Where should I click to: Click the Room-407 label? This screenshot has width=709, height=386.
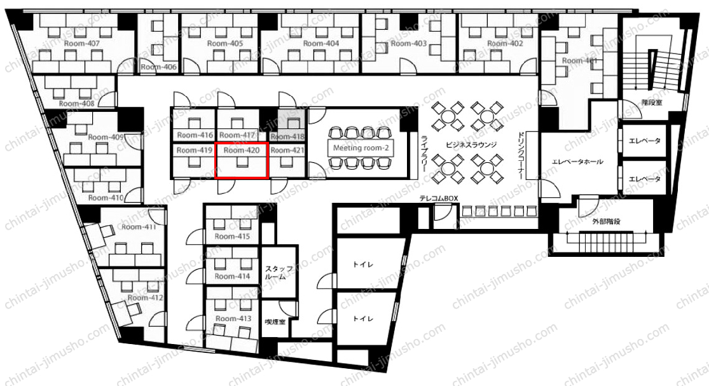[x=82, y=43]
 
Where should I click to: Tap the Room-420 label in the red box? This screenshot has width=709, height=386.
[x=242, y=150]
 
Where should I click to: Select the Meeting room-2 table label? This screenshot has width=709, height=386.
[x=361, y=148]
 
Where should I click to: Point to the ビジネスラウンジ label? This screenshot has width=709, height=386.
[x=471, y=144]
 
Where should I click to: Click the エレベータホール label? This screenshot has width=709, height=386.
[x=577, y=162]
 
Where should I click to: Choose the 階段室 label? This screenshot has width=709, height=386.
[x=652, y=102]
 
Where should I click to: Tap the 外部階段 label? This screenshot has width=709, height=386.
[x=606, y=221]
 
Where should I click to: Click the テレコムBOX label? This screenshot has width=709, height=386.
[x=439, y=198]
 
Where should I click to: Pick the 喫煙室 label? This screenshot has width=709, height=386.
[x=275, y=322]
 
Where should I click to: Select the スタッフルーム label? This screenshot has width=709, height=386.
[x=279, y=273]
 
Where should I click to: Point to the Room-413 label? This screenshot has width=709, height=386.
[x=233, y=319]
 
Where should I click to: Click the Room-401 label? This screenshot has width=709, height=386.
[x=580, y=60]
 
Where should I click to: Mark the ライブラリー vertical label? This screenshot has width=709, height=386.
[x=425, y=153]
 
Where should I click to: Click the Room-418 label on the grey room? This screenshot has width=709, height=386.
[x=287, y=136]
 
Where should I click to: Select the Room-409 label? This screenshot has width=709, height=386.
[x=106, y=137]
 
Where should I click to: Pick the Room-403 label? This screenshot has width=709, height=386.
[x=409, y=43]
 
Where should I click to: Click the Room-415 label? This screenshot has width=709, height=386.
[x=233, y=237]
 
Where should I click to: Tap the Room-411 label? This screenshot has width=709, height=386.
[x=139, y=226]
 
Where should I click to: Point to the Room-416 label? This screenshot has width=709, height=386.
[x=195, y=135]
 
